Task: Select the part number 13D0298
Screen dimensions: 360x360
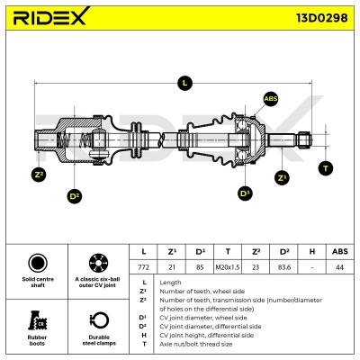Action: pyautogui.click(x=322, y=18)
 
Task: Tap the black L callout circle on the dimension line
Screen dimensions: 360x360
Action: pyautogui.click(x=184, y=83)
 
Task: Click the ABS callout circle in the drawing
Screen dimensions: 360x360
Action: pyautogui.click(x=271, y=99)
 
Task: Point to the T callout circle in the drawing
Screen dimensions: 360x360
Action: pyautogui.click(x=326, y=168)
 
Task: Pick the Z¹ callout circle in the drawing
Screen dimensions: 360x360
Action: pyautogui.click(x=282, y=178)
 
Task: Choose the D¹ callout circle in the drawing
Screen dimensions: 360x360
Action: pyautogui.click(x=245, y=193)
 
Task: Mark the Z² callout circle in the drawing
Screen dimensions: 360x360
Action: pyautogui.click(x=39, y=175)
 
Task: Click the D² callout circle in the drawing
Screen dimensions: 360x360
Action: pyautogui.click(x=74, y=196)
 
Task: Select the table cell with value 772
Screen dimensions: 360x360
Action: pyautogui.click(x=143, y=266)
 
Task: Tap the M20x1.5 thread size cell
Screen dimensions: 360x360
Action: pyautogui.click(x=228, y=266)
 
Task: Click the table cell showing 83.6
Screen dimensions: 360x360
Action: pyautogui.click(x=283, y=266)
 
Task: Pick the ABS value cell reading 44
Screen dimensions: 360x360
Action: pyautogui.click(x=340, y=266)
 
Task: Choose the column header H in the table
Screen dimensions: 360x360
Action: pyautogui.click(x=312, y=252)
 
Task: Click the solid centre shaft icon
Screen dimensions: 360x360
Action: pyautogui.click(x=38, y=263)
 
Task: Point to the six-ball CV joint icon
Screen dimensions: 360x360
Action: pyautogui.click(x=98, y=263)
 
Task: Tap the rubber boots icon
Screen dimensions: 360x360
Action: pyautogui.click(x=38, y=320)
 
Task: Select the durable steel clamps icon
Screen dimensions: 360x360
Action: pyautogui.click(x=99, y=320)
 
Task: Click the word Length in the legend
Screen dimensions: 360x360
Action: pyautogui.click(x=170, y=283)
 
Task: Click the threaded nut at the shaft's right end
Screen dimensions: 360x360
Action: pyautogui.click(x=304, y=140)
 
